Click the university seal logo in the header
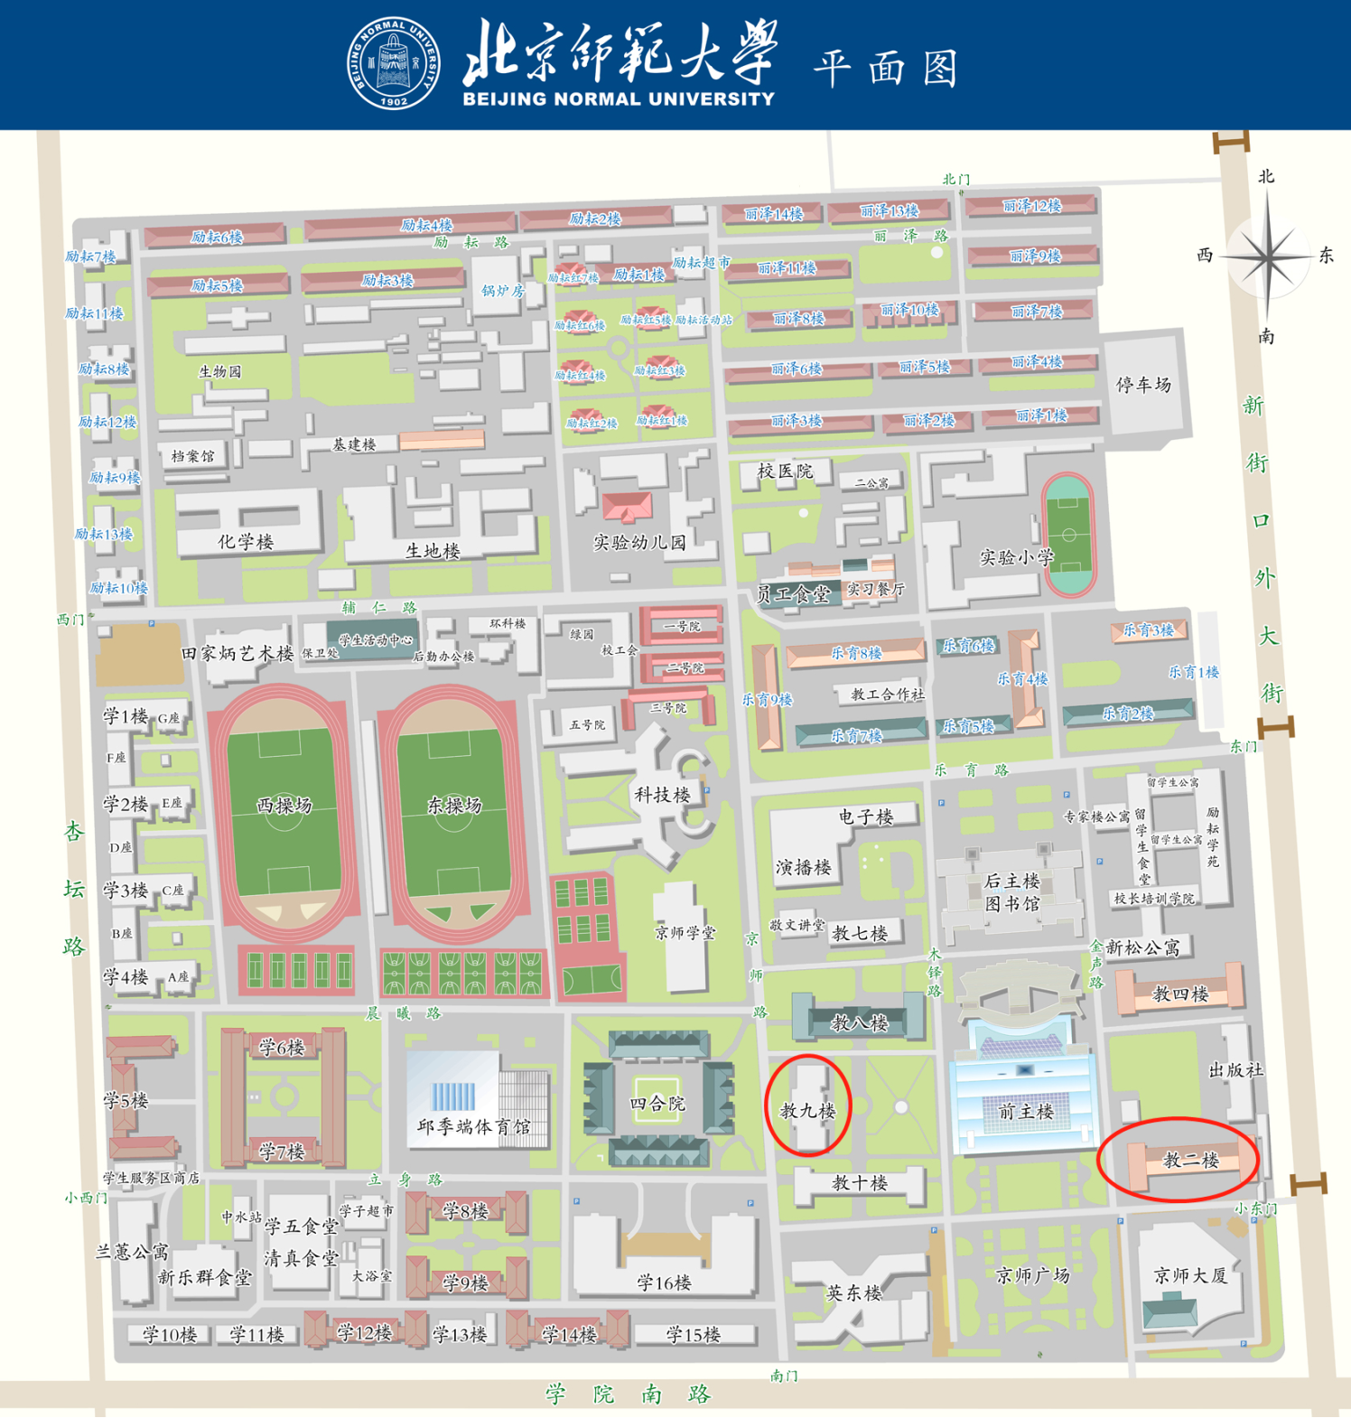click(395, 63)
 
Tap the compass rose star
click(1267, 257)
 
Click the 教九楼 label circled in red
click(807, 1111)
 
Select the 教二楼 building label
click(1191, 1161)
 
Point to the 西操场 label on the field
click(284, 805)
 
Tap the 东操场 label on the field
click(454, 805)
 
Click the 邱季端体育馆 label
click(473, 1126)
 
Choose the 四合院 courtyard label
click(657, 1104)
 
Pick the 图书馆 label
click(1011, 904)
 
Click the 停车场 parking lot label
click(1143, 385)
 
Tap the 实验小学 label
click(1017, 557)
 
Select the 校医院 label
click(785, 471)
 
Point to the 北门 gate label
click(955, 179)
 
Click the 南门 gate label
click(784, 1376)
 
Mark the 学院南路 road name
click(628, 1394)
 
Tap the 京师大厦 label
click(1190, 1275)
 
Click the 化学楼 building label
click(246, 541)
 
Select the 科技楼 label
click(662, 795)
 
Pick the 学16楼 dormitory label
click(664, 1283)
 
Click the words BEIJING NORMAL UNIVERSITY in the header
click(619, 99)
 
